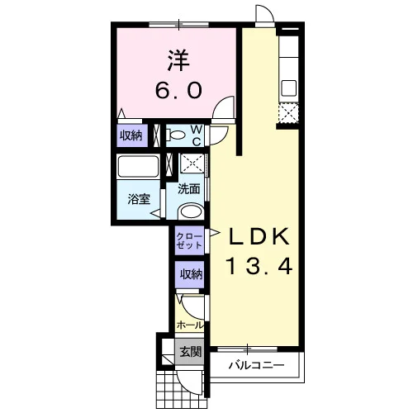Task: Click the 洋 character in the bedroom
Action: point(179,60)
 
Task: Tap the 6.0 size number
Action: point(178,90)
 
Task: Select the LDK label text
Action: point(259,236)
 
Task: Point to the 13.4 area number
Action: point(259,266)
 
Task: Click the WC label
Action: point(197,135)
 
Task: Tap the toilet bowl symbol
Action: point(175,135)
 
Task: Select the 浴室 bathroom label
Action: point(140,199)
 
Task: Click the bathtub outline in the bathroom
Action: point(138,167)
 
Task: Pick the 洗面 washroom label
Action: point(188,189)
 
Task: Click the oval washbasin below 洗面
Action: point(191,212)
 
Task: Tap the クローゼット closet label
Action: point(190,240)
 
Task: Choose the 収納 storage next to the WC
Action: point(131,135)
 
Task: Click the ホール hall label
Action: point(190,325)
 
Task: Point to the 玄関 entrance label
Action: point(191,352)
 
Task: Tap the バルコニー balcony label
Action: point(257,365)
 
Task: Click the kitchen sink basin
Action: point(288,88)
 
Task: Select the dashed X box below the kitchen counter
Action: point(288,113)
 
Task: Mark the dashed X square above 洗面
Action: point(192,164)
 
